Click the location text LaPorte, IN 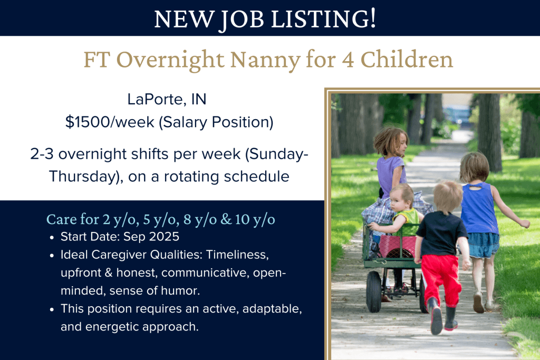point(167,99)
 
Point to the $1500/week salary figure point(110,122)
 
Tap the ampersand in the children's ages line point(226,219)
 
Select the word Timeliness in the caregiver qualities point(237,255)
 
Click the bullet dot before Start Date point(52,238)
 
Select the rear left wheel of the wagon point(374,291)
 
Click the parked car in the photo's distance point(456,115)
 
